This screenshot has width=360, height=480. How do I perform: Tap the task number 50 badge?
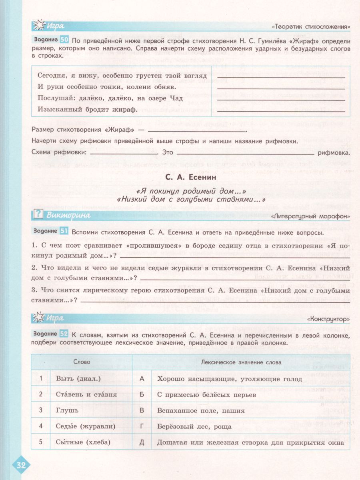[x=64, y=40]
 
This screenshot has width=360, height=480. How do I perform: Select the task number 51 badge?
[x=64, y=232]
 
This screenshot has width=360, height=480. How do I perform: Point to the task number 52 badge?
[x=64, y=335]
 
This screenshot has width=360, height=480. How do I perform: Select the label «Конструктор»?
[x=328, y=319]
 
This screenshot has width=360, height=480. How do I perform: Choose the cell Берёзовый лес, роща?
[x=194, y=426]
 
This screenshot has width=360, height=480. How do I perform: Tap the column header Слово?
[x=82, y=362]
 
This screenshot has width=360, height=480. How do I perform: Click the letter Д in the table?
[x=141, y=442]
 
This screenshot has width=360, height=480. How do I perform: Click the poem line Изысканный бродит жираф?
[x=88, y=109]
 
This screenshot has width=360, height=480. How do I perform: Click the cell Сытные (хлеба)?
[x=78, y=442]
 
